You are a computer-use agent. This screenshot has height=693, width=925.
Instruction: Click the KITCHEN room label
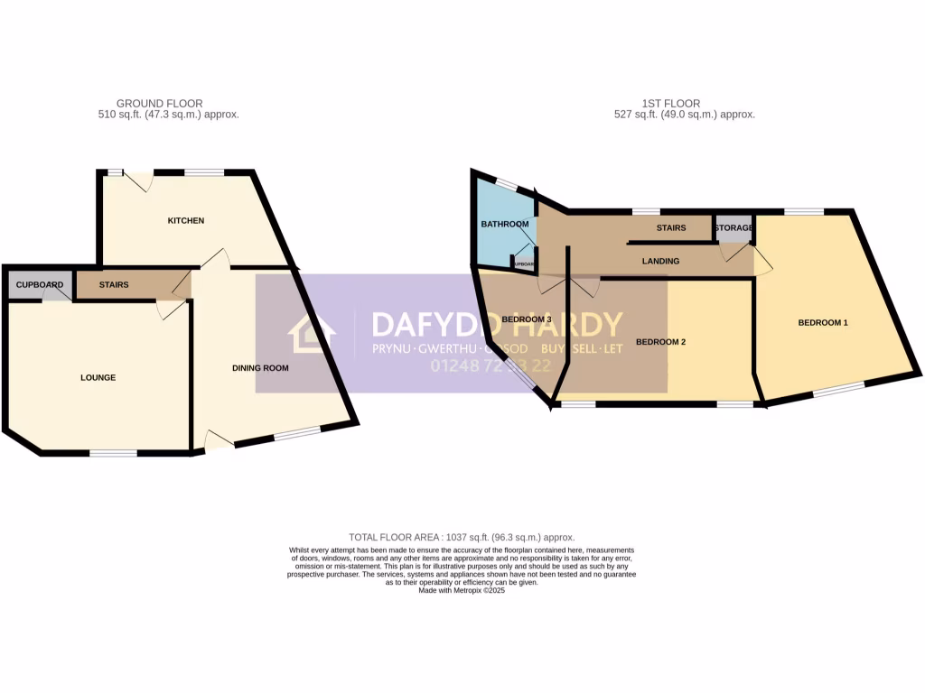(x=185, y=220)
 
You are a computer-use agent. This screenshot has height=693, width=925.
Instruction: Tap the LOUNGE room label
(x=98, y=377)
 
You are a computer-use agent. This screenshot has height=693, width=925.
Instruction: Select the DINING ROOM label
(x=260, y=367)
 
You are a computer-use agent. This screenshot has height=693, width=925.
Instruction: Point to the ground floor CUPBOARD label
(x=40, y=285)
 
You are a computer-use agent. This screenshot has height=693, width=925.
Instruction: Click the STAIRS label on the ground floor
(x=114, y=285)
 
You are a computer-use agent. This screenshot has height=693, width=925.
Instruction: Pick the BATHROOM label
(x=504, y=224)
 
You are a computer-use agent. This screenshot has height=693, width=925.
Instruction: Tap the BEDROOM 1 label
(x=823, y=322)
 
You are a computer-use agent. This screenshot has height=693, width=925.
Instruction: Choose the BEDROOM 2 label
(x=661, y=342)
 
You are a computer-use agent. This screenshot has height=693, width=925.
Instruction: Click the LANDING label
(x=660, y=261)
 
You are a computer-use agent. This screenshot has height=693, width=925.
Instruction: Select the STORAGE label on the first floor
(x=733, y=228)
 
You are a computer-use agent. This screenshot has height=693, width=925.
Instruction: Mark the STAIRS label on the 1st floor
(x=671, y=228)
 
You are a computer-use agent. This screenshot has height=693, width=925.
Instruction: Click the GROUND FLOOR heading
(x=160, y=104)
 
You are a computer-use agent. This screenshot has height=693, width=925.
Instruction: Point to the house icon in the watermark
(x=312, y=333)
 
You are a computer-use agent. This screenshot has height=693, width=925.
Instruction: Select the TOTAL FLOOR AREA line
(x=462, y=537)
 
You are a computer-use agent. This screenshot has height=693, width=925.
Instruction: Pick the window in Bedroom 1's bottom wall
(x=838, y=389)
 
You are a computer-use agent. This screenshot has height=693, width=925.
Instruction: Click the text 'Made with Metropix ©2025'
(x=462, y=590)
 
